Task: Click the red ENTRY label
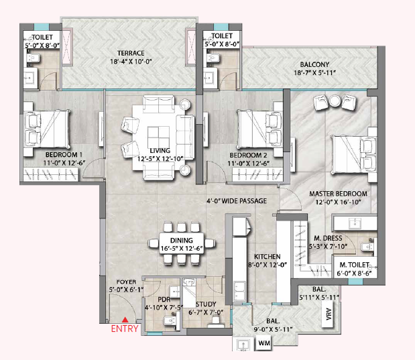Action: [x=125, y=328]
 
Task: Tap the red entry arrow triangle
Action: [x=125, y=320]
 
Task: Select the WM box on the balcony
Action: [x=264, y=343]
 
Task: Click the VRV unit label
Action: [x=329, y=314]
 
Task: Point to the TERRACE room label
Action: [x=131, y=53]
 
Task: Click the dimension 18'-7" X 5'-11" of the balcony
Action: [x=314, y=72]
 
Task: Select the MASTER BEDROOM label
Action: [x=339, y=194]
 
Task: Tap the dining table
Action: [x=182, y=243]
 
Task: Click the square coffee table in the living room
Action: [x=158, y=136]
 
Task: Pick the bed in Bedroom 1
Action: [x=47, y=129]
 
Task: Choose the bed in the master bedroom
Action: [x=354, y=155]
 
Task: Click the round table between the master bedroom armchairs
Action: [x=335, y=101]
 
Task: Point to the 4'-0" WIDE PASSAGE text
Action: [x=237, y=201]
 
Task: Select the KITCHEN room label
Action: [x=268, y=257]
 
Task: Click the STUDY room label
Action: [x=206, y=304]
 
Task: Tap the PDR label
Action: [x=164, y=300]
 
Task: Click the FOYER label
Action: [x=126, y=282]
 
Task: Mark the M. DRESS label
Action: [x=328, y=238]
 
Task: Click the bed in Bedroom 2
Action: [x=260, y=129]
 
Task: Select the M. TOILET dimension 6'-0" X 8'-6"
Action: [x=354, y=273]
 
